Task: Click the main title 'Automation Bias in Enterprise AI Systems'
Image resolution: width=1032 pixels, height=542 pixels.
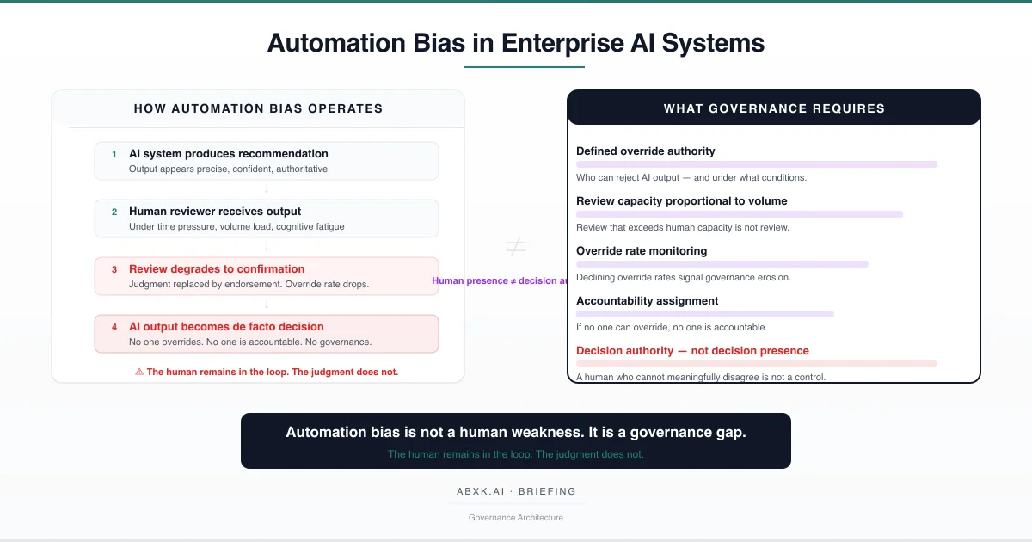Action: (515, 42)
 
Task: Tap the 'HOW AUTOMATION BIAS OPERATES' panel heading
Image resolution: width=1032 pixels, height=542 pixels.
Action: (258, 108)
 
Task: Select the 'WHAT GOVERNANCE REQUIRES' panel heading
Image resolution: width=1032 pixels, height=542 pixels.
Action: (774, 108)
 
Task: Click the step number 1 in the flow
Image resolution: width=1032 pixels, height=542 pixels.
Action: (114, 155)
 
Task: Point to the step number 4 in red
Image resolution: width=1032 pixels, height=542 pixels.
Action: (114, 327)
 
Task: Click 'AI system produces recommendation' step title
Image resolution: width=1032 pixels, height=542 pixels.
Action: (229, 154)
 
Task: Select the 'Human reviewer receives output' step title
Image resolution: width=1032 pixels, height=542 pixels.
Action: (215, 212)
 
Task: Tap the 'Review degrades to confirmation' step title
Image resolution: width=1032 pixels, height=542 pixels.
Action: (217, 269)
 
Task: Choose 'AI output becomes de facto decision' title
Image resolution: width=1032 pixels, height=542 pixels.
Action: (226, 327)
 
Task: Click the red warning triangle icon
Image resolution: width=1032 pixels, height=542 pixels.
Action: (138, 373)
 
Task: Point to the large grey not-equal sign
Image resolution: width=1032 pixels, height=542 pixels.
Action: (515, 248)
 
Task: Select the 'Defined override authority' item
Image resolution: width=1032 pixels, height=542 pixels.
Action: (646, 151)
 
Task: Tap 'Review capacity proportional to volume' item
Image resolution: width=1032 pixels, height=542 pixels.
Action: (682, 201)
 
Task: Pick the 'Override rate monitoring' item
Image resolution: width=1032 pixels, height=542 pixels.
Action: (642, 251)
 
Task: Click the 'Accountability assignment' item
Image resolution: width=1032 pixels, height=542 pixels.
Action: (648, 301)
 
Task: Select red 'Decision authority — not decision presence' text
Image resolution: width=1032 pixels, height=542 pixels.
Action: (692, 351)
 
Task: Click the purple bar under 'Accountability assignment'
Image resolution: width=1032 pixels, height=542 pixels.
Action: (705, 314)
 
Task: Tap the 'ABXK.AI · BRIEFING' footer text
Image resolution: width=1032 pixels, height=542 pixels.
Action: (516, 492)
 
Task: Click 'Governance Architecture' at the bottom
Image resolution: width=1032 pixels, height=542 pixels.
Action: (516, 518)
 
